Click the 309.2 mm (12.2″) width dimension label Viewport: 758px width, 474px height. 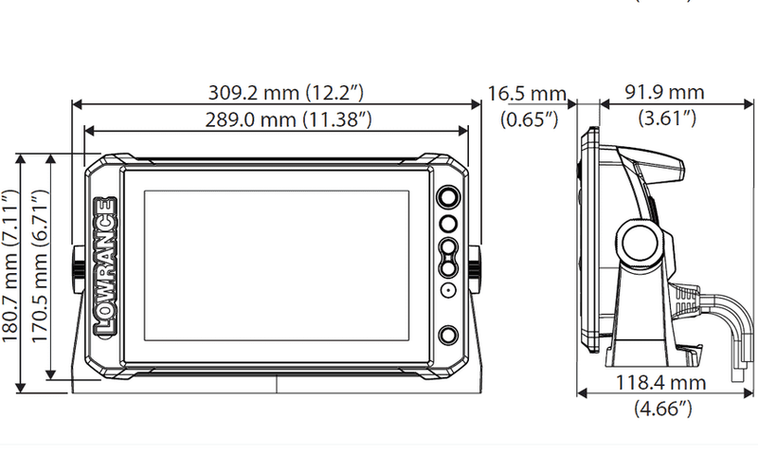(x=286, y=92)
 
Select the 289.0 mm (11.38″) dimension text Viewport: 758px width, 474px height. (x=289, y=119)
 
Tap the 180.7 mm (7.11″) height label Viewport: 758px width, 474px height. (x=10, y=266)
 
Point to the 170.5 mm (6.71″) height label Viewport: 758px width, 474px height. (x=40, y=266)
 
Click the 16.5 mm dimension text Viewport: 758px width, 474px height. (x=527, y=93)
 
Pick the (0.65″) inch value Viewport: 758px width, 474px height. (x=530, y=119)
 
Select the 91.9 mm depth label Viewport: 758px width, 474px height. (x=664, y=92)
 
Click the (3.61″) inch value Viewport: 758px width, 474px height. (x=667, y=118)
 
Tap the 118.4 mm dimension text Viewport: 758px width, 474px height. (x=660, y=383)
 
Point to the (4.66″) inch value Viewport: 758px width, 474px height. (x=663, y=409)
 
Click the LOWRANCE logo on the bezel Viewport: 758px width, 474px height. (x=105, y=266)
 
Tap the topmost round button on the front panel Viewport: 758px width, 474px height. (x=448, y=198)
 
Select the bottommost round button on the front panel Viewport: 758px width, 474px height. (x=448, y=336)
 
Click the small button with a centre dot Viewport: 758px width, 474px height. (x=448, y=290)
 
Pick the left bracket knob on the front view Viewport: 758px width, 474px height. (x=79, y=269)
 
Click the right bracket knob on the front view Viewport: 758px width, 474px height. (x=475, y=269)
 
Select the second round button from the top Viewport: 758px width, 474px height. (x=448, y=224)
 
